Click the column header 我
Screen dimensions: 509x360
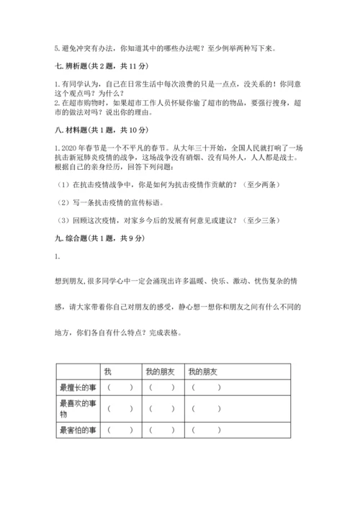(108, 371)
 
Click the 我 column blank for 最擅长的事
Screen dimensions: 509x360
(120, 388)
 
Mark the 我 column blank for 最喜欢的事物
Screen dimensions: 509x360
(120, 409)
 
